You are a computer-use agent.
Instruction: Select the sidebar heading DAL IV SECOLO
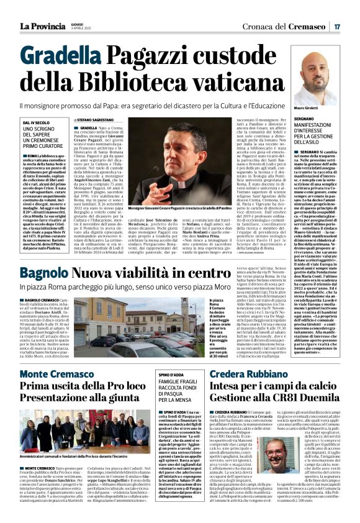coord(37,123)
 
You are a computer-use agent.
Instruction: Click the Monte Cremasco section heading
coord(57,374)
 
